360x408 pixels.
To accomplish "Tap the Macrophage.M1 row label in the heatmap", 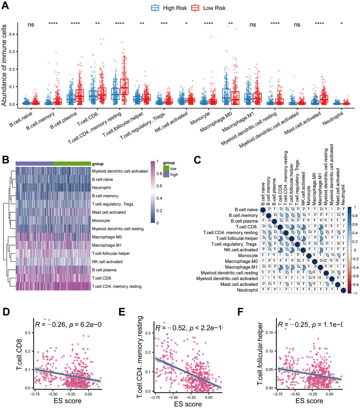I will pyautogui.click(x=106, y=245).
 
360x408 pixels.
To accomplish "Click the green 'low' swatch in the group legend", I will pyautogui.click(x=166, y=169).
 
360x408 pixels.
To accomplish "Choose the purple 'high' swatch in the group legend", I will pyautogui.click(x=166, y=175).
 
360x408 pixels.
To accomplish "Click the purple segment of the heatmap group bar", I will pyautogui.click(x=34, y=164).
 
